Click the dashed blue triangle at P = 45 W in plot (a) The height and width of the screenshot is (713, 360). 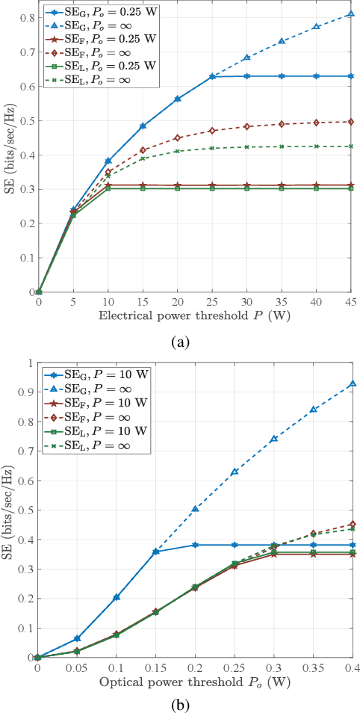click(x=351, y=14)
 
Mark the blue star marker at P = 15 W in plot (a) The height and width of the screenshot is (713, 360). click(x=143, y=126)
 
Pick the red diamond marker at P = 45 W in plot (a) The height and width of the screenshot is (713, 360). click(x=351, y=122)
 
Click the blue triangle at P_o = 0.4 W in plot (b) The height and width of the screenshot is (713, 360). click(x=353, y=384)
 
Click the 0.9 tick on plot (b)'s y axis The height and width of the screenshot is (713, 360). click(x=27, y=392)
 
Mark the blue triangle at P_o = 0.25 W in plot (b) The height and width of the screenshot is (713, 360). click(x=235, y=472)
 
